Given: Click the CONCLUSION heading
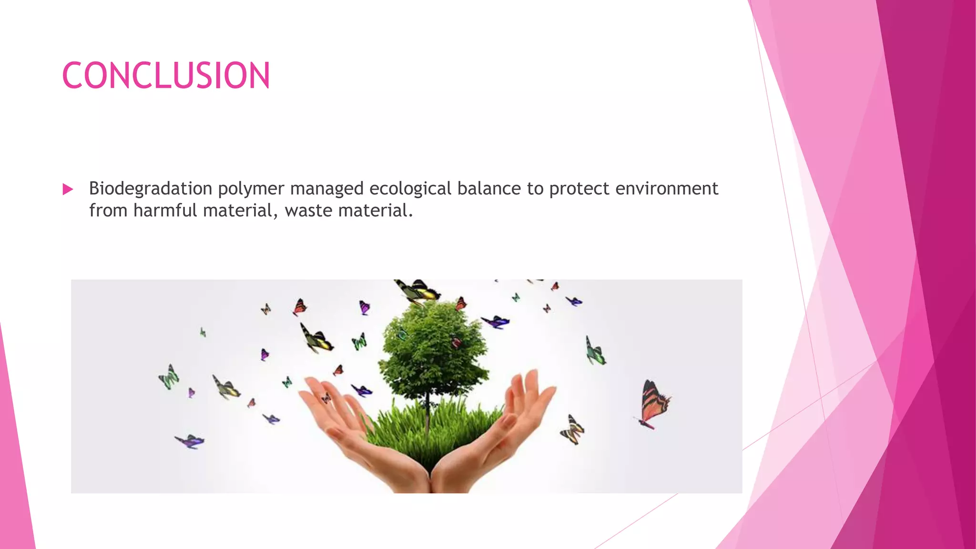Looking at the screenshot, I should click(x=166, y=75).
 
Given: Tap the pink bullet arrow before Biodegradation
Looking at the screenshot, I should click(x=68, y=190).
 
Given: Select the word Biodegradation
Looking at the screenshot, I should click(x=151, y=189).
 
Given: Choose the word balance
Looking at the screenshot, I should click(x=489, y=189).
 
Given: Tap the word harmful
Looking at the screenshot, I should click(x=165, y=211).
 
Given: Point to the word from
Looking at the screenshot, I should click(x=108, y=211).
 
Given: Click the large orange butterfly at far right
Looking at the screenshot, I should click(x=653, y=403).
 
